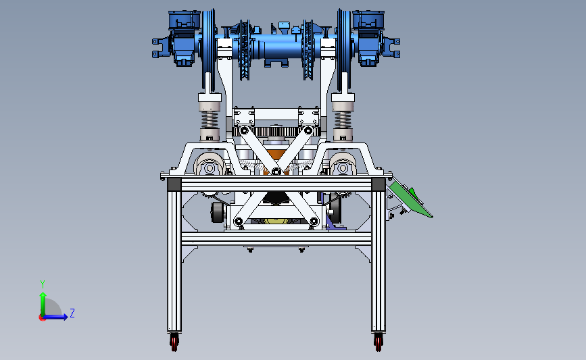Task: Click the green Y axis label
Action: [x=43, y=284]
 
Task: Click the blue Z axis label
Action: [x=72, y=313]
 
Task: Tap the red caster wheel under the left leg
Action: [x=174, y=342]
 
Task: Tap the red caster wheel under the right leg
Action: [x=379, y=342]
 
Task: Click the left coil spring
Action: [x=210, y=120]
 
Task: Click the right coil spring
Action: [x=343, y=120]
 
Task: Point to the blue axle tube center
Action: [x=283, y=47]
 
